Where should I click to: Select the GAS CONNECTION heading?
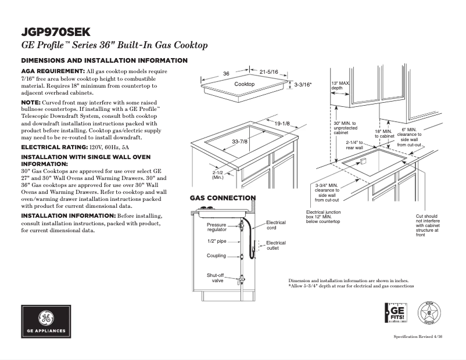tap(223, 198)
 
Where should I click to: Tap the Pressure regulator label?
tap(217, 227)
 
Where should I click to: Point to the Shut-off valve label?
tap(215, 278)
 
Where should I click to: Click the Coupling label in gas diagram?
tap(216, 255)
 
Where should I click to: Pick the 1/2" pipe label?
tap(217, 240)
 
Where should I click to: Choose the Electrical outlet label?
tap(276, 246)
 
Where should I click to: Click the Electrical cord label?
tap(276, 225)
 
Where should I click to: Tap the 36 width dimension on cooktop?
tap(227, 73)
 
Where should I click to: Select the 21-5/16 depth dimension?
tap(269, 71)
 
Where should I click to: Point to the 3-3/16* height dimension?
tap(303, 85)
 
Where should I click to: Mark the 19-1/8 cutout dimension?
tap(282, 124)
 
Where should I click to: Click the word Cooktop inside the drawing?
tap(245, 84)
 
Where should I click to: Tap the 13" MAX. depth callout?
tap(340, 85)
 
